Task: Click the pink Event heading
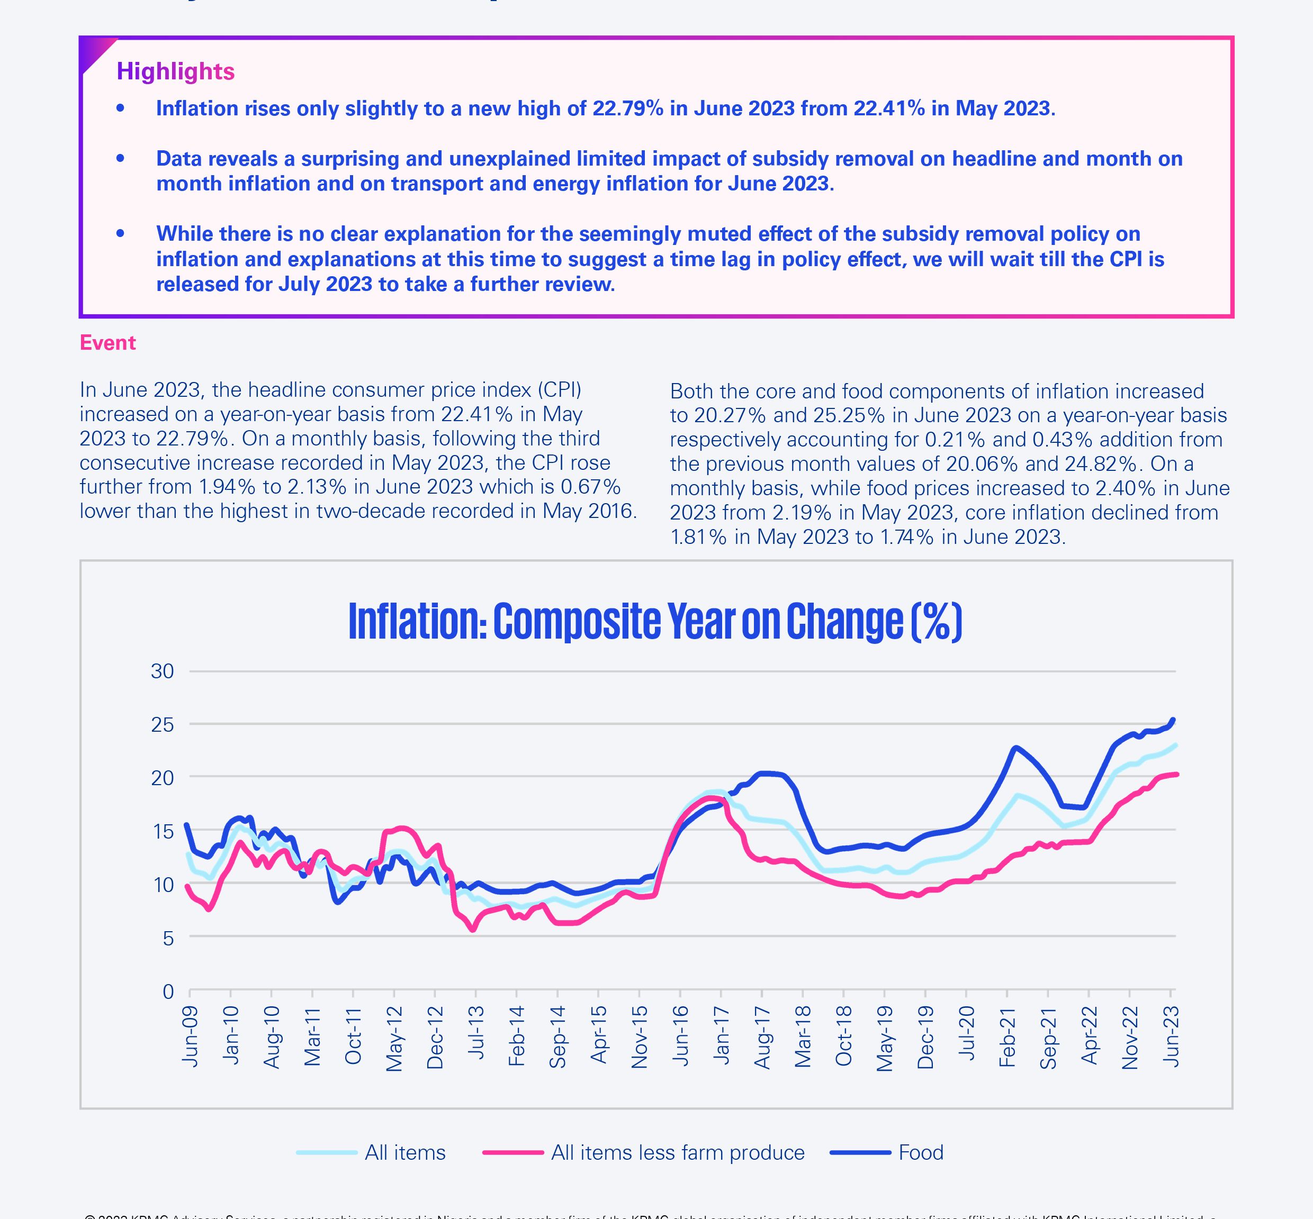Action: click(x=107, y=343)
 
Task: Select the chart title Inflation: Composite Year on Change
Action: click(x=655, y=621)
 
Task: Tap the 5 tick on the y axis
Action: click(x=168, y=938)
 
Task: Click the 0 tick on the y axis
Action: click(x=168, y=991)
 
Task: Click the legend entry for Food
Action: click(x=920, y=1152)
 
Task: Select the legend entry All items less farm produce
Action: click(x=677, y=1152)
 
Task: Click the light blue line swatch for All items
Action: click(x=327, y=1152)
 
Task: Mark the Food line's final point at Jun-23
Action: click(x=1172, y=720)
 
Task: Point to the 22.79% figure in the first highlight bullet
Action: click(x=627, y=108)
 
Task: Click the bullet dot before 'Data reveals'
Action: click(x=120, y=158)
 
